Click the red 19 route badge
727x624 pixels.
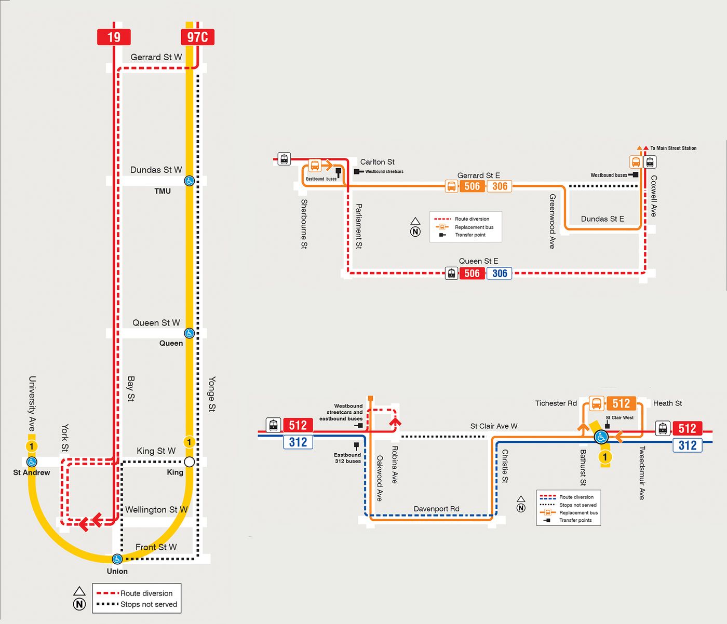point(114,37)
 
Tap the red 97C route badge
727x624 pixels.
point(197,37)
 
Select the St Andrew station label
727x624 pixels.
point(32,472)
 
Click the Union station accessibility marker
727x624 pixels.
point(117,559)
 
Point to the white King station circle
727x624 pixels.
point(189,462)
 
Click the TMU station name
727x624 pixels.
point(163,191)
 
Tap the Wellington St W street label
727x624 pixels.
point(156,509)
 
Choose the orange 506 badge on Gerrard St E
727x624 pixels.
point(472,186)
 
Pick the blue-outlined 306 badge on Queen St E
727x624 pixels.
point(499,273)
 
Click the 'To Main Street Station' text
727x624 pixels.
point(673,148)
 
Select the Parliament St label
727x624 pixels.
point(359,226)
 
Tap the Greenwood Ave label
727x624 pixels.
point(552,221)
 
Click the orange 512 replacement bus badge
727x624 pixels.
point(621,403)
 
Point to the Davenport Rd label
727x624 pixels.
point(437,509)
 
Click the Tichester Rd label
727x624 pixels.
point(556,403)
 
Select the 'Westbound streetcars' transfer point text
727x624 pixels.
point(384,171)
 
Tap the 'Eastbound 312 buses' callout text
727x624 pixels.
point(347,458)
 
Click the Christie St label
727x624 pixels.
point(505,466)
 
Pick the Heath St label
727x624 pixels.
point(668,403)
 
